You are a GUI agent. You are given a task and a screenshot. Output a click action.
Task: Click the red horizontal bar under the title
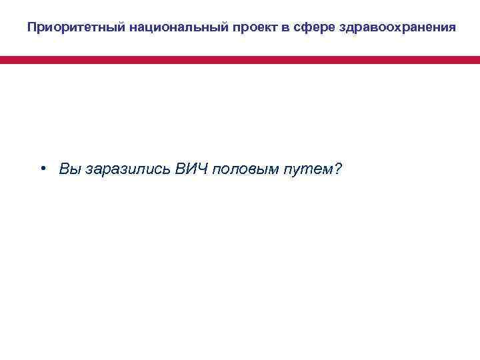[240, 60]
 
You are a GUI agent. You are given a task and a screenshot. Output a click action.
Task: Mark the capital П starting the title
[32, 28]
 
